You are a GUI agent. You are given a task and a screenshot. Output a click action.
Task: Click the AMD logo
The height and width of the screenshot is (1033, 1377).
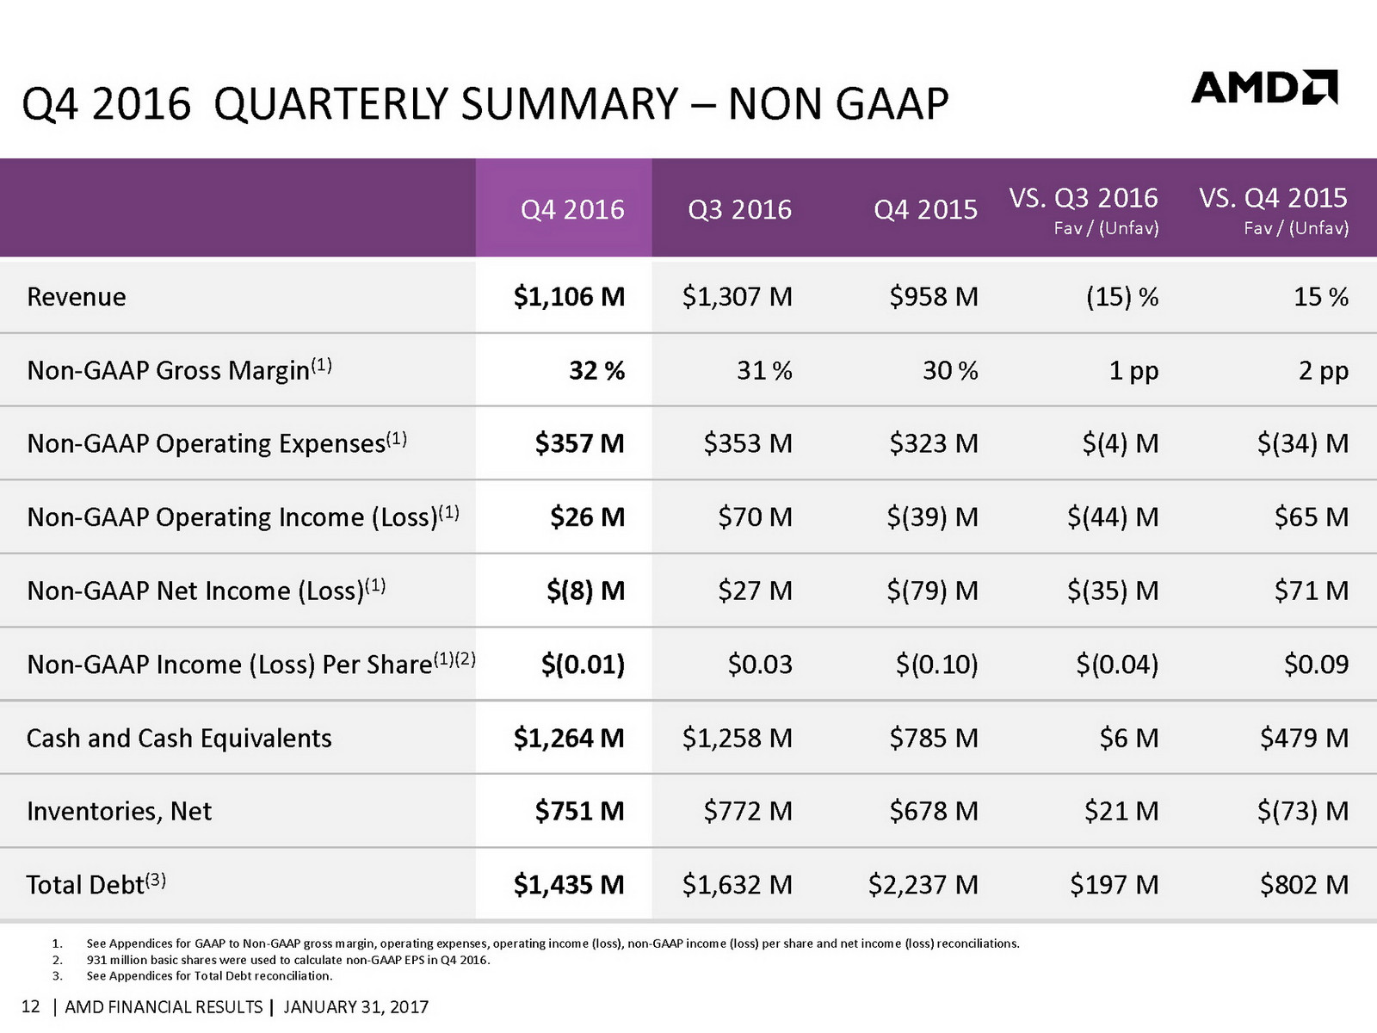[x=1263, y=88]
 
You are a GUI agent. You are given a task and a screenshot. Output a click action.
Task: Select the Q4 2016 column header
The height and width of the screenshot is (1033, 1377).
[x=572, y=209]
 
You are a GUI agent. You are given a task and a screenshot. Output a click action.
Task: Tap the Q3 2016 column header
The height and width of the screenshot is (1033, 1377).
[x=739, y=209]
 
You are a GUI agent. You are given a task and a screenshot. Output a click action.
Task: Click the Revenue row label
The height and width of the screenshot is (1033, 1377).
[x=77, y=297]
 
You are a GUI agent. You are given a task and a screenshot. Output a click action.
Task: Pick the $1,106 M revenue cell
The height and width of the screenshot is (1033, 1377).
[x=569, y=297]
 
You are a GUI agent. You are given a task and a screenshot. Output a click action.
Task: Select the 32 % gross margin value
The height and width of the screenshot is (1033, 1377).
[x=596, y=370]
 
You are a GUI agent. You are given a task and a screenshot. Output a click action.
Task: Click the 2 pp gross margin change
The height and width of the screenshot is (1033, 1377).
[x=1323, y=370]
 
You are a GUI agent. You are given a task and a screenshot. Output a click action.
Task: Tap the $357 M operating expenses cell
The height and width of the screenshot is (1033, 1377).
[x=579, y=443]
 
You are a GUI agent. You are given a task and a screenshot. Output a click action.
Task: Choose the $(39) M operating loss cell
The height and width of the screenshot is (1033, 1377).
[x=933, y=517]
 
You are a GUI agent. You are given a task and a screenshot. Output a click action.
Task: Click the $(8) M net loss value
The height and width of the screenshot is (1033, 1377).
[x=585, y=591]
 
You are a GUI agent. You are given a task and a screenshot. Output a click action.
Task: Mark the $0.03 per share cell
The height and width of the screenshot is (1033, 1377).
[x=759, y=665]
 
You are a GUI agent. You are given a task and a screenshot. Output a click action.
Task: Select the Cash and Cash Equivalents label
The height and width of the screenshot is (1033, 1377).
[x=179, y=739]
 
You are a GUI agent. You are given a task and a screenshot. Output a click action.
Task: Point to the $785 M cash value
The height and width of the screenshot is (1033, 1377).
[x=933, y=739]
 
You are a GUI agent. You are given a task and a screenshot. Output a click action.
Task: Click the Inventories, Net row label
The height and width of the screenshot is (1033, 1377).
[x=119, y=811]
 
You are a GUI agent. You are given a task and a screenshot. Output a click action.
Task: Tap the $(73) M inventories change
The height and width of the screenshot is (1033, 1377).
[x=1302, y=811]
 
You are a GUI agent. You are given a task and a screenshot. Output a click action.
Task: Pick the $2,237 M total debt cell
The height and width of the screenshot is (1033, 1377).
[x=923, y=885]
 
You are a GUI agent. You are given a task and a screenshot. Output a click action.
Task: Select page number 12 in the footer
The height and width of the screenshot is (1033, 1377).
[x=30, y=1007]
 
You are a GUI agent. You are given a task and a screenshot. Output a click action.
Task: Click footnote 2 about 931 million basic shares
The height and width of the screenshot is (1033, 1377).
[x=288, y=960]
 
